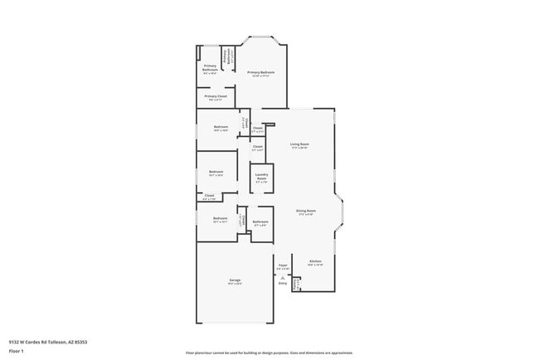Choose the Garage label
pos(235,281)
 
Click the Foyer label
pos(282,266)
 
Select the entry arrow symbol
pos(282,277)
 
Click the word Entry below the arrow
pos(282,284)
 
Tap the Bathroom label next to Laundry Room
pos(260,222)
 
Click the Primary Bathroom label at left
pos(210,69)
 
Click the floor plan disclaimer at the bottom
pos(269,353)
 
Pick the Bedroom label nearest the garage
pos(219,220)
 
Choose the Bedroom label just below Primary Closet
pos(219,128)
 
